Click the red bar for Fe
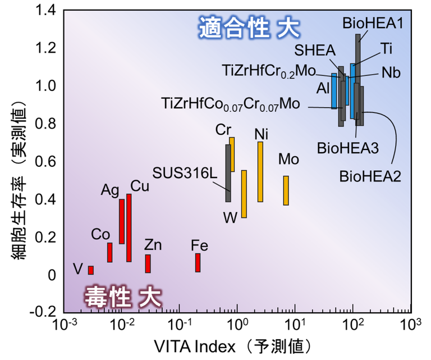[198, 263]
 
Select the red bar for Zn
[148, 263]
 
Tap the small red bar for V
[91, 270]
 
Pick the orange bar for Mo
[286, 190]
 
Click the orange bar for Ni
[260, 172]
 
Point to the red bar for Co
[110, 252]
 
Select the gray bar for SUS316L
[228, 173]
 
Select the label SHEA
[315, 51]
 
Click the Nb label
[391, 73]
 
